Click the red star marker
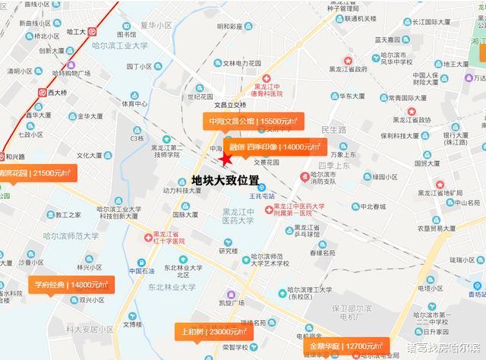[225, 158]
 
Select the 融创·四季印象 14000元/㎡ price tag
[275, 147]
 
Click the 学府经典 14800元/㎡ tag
[71, 285]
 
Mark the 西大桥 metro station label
[58, 93]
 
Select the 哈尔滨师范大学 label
[72, 236]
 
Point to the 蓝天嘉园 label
[382, 39]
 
